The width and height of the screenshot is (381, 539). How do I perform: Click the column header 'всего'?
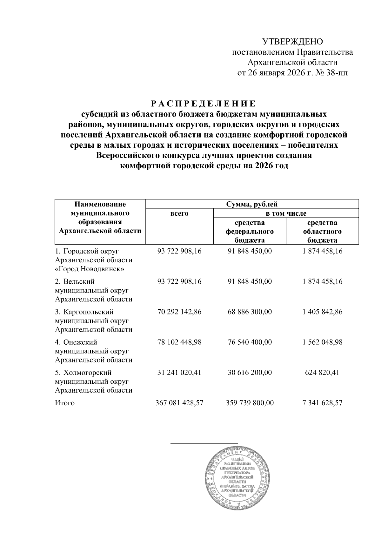179,213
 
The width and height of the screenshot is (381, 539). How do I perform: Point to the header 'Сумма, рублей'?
252,204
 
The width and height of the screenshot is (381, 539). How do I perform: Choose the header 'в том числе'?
286,213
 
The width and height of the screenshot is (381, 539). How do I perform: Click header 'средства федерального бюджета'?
250,232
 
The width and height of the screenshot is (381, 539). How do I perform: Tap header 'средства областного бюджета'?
322,232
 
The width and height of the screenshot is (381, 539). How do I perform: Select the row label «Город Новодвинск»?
90,269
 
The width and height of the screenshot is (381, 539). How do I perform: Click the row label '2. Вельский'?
75,281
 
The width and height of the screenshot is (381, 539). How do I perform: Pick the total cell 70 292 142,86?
179,312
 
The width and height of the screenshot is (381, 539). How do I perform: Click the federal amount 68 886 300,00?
250,312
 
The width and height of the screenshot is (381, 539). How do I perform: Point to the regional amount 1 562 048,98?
322,342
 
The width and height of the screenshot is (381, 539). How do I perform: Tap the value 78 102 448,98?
179,342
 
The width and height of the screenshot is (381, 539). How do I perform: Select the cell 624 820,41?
322,372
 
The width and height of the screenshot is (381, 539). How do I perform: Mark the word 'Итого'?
65,403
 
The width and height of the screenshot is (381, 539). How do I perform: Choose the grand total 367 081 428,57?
179,403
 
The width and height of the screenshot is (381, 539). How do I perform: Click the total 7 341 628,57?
322,403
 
